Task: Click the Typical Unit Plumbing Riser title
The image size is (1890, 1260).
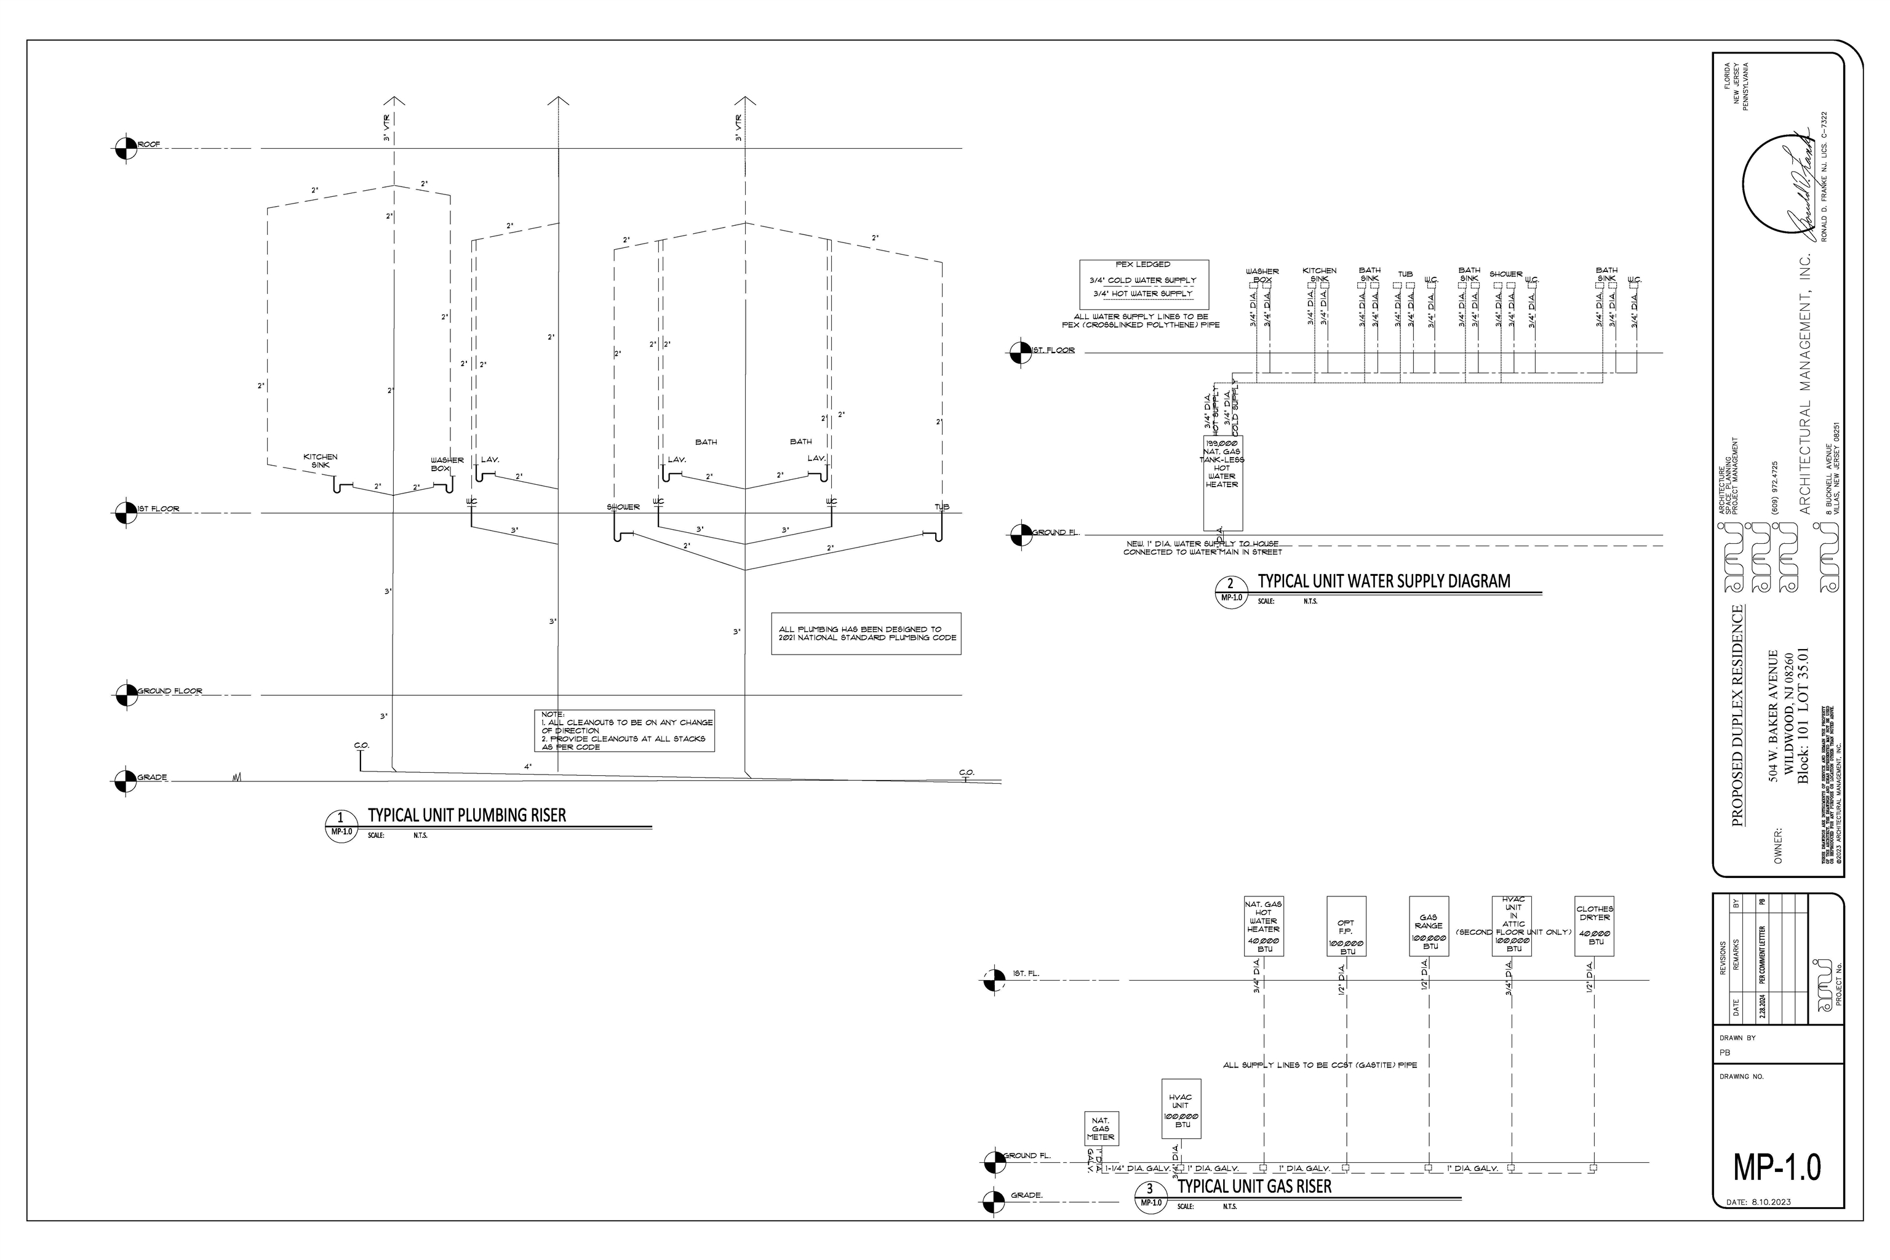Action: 466,815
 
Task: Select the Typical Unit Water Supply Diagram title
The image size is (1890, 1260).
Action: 1383,581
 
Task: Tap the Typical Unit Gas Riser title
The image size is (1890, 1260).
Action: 1254,1186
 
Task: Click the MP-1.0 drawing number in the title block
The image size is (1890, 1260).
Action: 1777,1166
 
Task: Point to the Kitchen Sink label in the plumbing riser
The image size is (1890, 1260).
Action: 320,460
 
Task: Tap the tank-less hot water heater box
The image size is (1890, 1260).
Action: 1222,482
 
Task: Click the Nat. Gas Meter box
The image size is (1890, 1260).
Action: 1100,1128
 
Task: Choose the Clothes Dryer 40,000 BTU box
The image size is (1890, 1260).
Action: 1594,926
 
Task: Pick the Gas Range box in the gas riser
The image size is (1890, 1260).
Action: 1429,926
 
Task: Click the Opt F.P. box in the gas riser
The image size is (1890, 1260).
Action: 1346,926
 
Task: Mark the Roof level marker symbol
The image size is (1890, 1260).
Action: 126,149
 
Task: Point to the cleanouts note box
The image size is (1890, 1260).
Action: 624,730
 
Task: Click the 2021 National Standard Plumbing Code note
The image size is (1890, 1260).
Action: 866,633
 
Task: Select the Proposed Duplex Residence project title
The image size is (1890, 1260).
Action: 1737,715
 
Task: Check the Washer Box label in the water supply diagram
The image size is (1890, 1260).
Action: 1262,275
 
